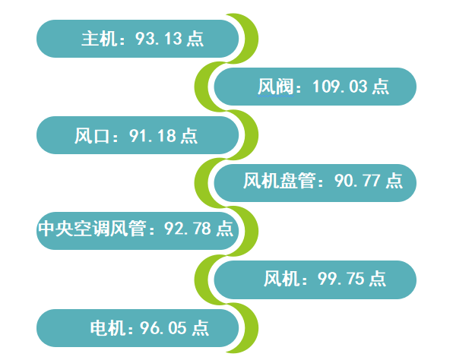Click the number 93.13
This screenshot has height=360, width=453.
[159, 39]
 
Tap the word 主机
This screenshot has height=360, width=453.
[99, 39]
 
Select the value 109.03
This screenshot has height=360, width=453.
[340, 87]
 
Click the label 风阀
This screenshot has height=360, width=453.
[275, 87]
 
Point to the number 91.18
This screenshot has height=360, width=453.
[153, 136]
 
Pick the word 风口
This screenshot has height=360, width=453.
[92, 136]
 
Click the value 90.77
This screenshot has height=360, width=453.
[357, 181]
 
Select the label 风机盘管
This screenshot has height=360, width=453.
[279, 181]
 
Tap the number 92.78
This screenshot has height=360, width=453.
[188, 229]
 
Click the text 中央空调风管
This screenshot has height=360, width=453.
[91, 229]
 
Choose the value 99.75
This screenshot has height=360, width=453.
[341, 279]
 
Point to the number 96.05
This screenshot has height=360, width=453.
[163, 328]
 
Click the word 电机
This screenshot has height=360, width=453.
[108, 328]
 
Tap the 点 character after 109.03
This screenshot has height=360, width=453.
[381, 87]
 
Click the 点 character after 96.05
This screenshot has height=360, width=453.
[200, 328]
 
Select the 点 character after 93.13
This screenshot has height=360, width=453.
[195, 39]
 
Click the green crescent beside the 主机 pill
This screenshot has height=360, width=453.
[251, 39]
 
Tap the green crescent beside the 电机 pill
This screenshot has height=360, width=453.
[251, 328]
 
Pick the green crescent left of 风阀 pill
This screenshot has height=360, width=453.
[201, 87]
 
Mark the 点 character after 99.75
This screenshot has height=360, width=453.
[377, 279]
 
